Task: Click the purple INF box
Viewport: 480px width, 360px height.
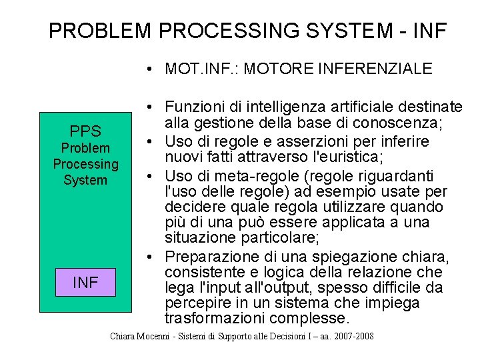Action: [x=85, y=282]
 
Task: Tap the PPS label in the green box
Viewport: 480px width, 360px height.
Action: [x=85, y=131]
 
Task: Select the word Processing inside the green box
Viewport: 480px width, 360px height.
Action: [x=85, y=164]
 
